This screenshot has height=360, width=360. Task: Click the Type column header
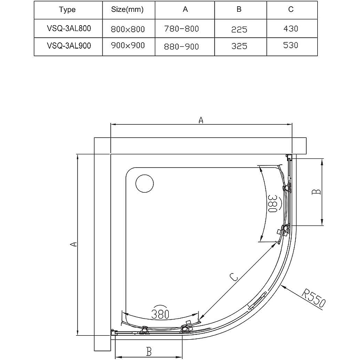pos(67,9)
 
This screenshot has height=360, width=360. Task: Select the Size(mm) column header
pos(127,9)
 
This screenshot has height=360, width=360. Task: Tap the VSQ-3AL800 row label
pos(69,28)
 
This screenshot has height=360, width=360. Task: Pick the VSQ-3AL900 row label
pos(69,45)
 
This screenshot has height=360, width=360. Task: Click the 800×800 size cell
pos(128,29)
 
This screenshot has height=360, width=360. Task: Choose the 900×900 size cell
pos(128,45)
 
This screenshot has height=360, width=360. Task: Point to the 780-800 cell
pos(181,29)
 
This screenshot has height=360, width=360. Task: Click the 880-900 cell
pos(181,47)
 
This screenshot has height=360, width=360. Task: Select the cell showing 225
pos(239,30)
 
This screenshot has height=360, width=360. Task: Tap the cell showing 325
pos(239,46)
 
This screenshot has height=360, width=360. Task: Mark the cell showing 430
pos(291,29)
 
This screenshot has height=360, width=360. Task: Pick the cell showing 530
pos(291,45)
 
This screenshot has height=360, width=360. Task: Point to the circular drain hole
pos(144,184)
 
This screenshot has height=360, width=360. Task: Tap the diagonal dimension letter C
pos(234,277)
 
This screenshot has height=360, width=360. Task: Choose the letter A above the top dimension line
pos(201,120)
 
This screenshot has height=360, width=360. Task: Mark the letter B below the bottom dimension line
pos(149,351)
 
